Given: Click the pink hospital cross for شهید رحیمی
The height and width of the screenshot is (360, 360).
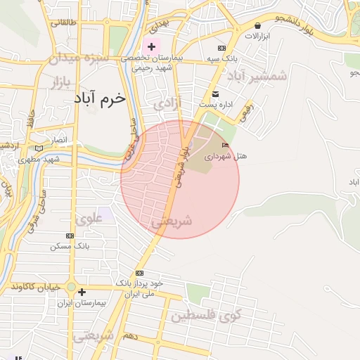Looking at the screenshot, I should (x=151, y=46).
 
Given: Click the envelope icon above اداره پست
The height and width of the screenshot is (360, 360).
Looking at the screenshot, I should (x=215, y=94).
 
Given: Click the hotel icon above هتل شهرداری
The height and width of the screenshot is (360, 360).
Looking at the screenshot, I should (x=225, y=145).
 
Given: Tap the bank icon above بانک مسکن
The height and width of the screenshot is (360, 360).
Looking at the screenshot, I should (x=70, y=236).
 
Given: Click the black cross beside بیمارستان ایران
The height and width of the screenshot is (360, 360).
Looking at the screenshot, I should (x=82, y=292).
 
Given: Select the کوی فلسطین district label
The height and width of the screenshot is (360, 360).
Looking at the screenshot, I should (x=214, y=315).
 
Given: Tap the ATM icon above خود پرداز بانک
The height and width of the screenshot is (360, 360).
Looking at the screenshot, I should (x=139, y=273).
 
